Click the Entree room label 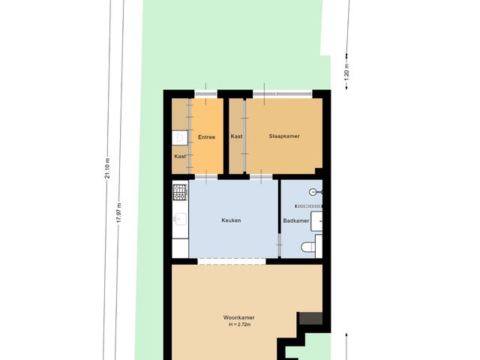click(x=206, y=137)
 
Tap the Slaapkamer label click(x=284, y=136)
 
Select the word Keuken click(x=231, y=220)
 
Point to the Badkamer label click(x=297, y=220)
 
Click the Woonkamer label click(x=238, y=317)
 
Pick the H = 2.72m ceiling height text click(x=238, y=325)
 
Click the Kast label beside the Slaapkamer click(x=236, y=136)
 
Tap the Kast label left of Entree click(x=180, y=156)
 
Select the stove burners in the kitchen click(x=179, y=193)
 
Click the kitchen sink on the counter click(x=179, y=219)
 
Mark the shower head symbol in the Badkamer click(x=319, y=192)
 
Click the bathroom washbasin click(x=317, y=219)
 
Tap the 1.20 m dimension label click(x=346, y=71)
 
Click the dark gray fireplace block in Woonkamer click(x=310, y=319)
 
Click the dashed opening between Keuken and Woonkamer click(x=231, y=261)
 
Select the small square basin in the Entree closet click(x=179, y=137)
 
